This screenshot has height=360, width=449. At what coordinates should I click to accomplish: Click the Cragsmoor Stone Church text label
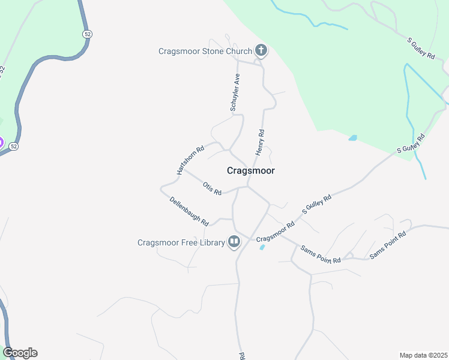coord(205,52)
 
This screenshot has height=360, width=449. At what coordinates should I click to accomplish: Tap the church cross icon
coord(261,51)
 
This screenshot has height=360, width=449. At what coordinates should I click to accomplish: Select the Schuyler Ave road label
coord(235,92)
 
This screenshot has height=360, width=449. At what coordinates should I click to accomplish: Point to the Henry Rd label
coord(260,142)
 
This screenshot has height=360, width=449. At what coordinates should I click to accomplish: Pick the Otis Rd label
coord(212,188)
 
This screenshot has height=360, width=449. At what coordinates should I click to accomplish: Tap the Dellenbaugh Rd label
coord(188,211)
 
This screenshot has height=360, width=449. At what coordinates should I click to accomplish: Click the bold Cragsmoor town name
coord(251,170)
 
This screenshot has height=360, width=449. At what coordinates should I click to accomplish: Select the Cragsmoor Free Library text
coord(181,242)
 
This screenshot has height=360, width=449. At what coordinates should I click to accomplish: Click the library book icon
coord(234,242)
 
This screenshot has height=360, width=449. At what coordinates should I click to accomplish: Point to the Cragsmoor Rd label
coord(276,232)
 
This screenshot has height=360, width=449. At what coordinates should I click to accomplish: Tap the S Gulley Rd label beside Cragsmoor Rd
coord(316,205)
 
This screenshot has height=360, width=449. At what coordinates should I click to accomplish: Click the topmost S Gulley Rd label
coord(421,48)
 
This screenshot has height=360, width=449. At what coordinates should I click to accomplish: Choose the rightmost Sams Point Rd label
coord(388,245)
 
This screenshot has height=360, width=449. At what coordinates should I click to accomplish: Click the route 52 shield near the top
coord(88,35)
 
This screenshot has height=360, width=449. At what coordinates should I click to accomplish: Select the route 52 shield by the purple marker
coord(14,146)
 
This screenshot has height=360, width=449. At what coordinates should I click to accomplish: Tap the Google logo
coord(20,353)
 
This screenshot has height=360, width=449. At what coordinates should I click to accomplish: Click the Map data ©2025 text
coord(423,355)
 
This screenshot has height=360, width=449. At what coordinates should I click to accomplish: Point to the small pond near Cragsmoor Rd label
coord(262,247)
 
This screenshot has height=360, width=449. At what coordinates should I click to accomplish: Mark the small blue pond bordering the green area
coord(352,138)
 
